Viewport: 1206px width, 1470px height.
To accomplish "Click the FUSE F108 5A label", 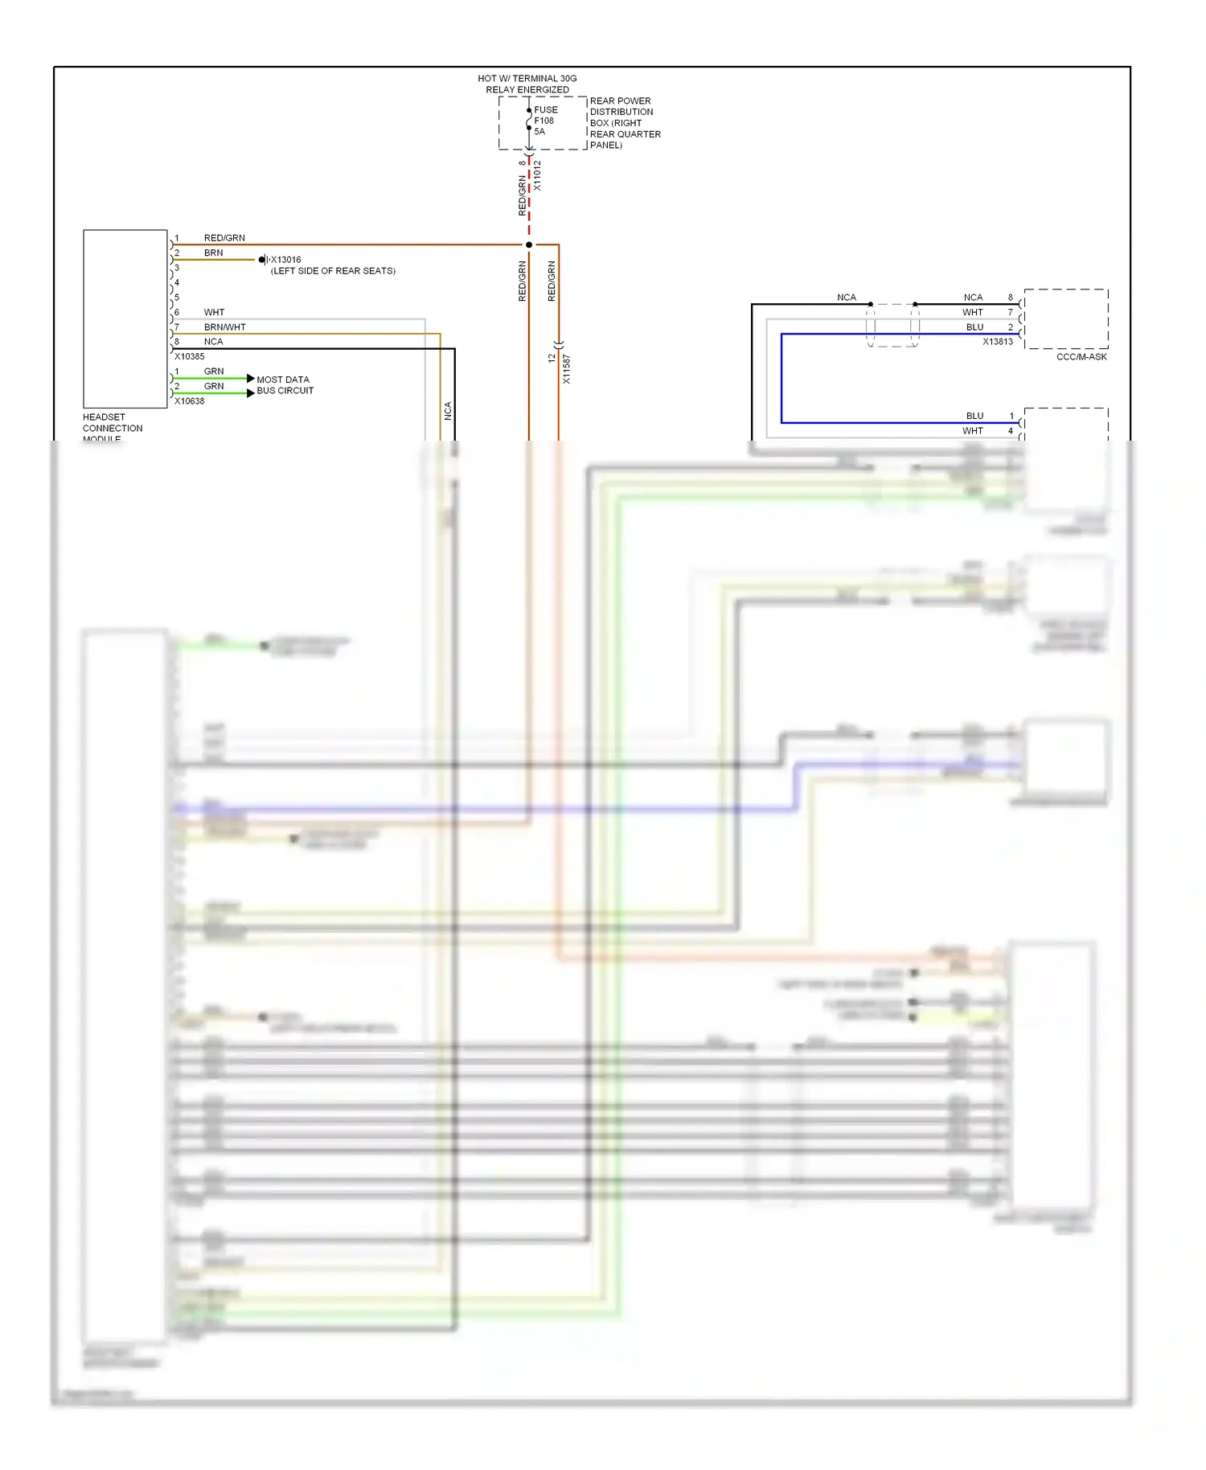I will coord(544,121).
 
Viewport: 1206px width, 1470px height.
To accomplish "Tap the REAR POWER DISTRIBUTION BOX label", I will coord(625,123).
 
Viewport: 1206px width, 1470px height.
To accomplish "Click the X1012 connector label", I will coord(537,175).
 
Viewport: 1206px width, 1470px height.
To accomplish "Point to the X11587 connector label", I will coord(566,369).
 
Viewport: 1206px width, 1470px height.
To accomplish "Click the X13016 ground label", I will coord(285,260).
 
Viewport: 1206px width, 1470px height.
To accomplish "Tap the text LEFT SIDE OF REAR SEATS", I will coord(333,271).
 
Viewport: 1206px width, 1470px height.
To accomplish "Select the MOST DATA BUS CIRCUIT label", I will coord(285,385).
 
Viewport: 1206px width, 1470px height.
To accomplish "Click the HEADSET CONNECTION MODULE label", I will coord(112,428).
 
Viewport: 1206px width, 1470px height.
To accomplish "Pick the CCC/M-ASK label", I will coord(1081,357).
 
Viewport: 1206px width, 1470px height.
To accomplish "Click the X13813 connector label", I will coord(997,342).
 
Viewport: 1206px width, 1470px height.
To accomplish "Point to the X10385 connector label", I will coord(190,356).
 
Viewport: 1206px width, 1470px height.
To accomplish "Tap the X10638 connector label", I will coord(190,401).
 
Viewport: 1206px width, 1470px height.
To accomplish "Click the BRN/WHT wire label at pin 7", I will coord(224,327).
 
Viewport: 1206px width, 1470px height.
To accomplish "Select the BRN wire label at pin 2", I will coord(213,253).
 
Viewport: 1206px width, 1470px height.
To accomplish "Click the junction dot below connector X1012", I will coord(528,244).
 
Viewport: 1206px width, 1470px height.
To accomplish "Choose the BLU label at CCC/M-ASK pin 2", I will coord(974,327).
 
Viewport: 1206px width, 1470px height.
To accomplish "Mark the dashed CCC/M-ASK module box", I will coord(1065,319).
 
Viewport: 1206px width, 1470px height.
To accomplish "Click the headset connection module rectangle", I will coord(125,318).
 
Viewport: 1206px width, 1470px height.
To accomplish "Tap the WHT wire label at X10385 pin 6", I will coord(214,312).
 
